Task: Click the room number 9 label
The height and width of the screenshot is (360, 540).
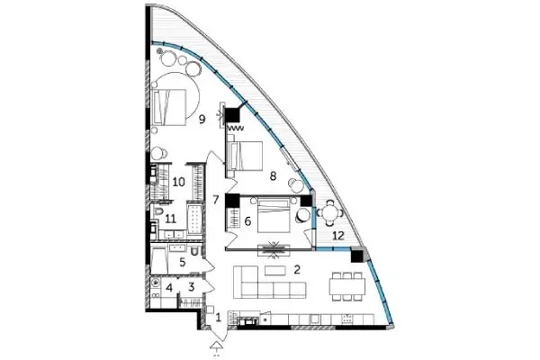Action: coord(202,120)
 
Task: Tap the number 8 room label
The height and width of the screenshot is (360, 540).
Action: coord(273,176)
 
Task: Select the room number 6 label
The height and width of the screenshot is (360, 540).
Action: coord(247,221)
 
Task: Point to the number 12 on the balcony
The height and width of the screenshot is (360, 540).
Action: coord(338,236)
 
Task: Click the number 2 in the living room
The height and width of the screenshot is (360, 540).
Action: coord(296,269)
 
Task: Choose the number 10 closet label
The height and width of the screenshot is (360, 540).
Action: coord(179,182)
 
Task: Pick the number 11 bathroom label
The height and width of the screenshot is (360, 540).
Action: coord(171,219)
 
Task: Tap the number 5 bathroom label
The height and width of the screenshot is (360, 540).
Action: coord(183,262)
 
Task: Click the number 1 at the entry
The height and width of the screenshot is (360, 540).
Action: coord(218,318)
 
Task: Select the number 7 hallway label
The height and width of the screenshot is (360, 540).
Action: coord(216,200)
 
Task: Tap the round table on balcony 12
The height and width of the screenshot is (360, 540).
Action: coord(330,213)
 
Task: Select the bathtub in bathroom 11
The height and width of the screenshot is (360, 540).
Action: coord(194,220)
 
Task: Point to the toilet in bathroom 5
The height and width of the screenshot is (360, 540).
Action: coord(194,251)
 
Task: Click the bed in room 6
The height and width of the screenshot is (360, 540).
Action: coord(274,214)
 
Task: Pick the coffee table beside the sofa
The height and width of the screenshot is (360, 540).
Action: coord(275,270)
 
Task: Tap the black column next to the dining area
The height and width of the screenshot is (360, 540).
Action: coord(357,256)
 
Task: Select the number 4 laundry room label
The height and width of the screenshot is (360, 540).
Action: coord(169,287)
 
